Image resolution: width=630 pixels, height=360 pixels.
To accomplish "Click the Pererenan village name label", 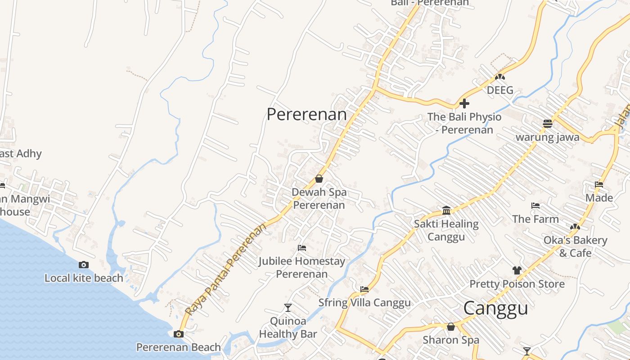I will (306, 114).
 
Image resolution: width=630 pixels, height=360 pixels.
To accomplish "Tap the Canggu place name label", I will (495, 309).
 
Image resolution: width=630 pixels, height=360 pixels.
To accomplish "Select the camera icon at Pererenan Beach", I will (179, 334).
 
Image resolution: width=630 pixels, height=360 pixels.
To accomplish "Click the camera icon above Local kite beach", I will (84, 265).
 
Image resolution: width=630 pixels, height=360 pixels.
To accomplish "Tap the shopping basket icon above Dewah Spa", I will (319, 179).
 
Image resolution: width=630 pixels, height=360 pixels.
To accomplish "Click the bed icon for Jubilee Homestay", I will (302, 248).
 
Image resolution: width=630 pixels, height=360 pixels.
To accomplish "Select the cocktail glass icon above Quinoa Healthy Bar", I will (288, 308).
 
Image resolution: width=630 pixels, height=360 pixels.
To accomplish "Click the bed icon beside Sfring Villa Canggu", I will (364, 289).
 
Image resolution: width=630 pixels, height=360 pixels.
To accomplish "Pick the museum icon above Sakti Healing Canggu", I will (446, 210).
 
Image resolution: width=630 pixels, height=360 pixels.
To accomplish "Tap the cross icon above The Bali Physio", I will (464, 103).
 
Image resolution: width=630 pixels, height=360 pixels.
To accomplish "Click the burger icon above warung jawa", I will (548, 123).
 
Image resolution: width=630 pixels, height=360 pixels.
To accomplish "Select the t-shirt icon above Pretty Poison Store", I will (517, 270).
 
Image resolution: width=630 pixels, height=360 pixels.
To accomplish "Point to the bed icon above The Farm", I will (535, 206).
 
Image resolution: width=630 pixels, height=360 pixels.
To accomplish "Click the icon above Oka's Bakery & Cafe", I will (575, 227).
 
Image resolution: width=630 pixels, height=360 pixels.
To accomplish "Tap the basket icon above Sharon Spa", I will (451, 327).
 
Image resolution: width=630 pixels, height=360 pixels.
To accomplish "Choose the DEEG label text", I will (500, 90).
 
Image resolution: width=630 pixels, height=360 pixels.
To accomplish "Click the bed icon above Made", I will (599, 184).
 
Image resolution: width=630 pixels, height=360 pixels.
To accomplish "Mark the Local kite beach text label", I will (84, 278).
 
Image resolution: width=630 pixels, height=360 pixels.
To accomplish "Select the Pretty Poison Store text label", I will (517, 284).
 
